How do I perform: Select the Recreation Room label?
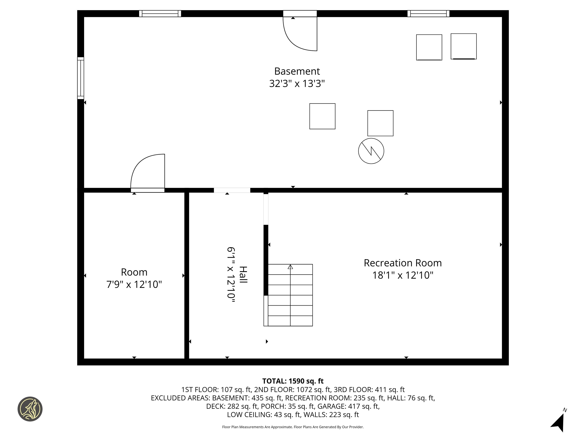click(x=403, y=263)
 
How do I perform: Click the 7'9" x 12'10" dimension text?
click(x=134, y=284)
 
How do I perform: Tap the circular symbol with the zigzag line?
click(x=371, y=151)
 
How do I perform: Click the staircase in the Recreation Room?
click(x=290, y=295)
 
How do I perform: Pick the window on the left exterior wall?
click(x=80, y=78)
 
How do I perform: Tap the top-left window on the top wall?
click(x=160, y=14)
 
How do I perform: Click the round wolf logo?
click(x=30, y=409)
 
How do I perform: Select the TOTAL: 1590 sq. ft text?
click(x=293, y=381)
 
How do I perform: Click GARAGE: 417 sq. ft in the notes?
click(x=348, y=406)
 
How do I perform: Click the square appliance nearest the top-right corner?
click(x=464, y=46)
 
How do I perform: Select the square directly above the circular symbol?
click(x=380, y=123)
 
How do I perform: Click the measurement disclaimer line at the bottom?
click(x=293, y=427)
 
